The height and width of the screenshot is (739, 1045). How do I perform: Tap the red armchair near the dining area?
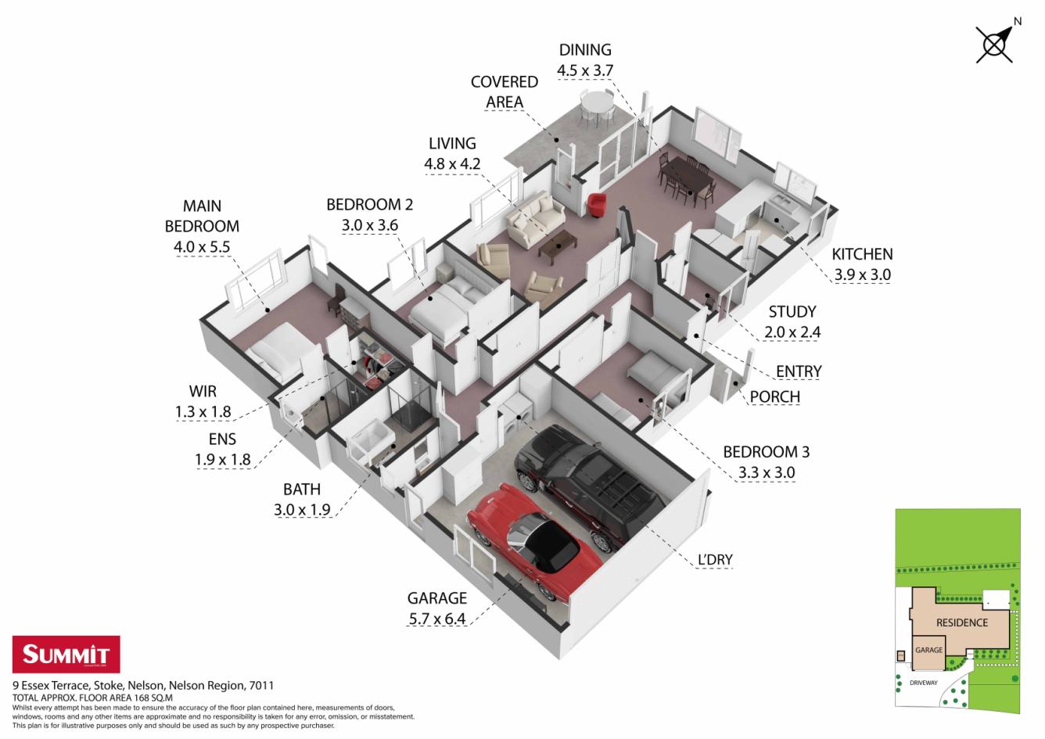pos(596,205)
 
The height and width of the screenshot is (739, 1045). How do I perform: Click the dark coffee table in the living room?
pos(558,245)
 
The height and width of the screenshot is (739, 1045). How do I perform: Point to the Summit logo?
pos(66,654)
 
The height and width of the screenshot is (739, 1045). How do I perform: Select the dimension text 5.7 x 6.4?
pos(437,619)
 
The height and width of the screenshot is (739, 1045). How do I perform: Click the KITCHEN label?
pos(862,254)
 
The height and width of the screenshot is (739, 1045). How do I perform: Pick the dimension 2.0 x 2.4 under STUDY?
pos(792,332)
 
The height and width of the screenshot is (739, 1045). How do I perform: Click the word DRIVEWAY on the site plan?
pos(923,683)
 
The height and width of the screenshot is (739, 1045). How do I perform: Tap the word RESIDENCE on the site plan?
pos(962,622)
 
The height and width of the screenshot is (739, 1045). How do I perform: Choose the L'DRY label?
pos(715,559)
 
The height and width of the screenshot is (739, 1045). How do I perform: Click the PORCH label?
pos(775,397)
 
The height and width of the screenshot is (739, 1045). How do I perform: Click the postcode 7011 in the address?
pos(261,685)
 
